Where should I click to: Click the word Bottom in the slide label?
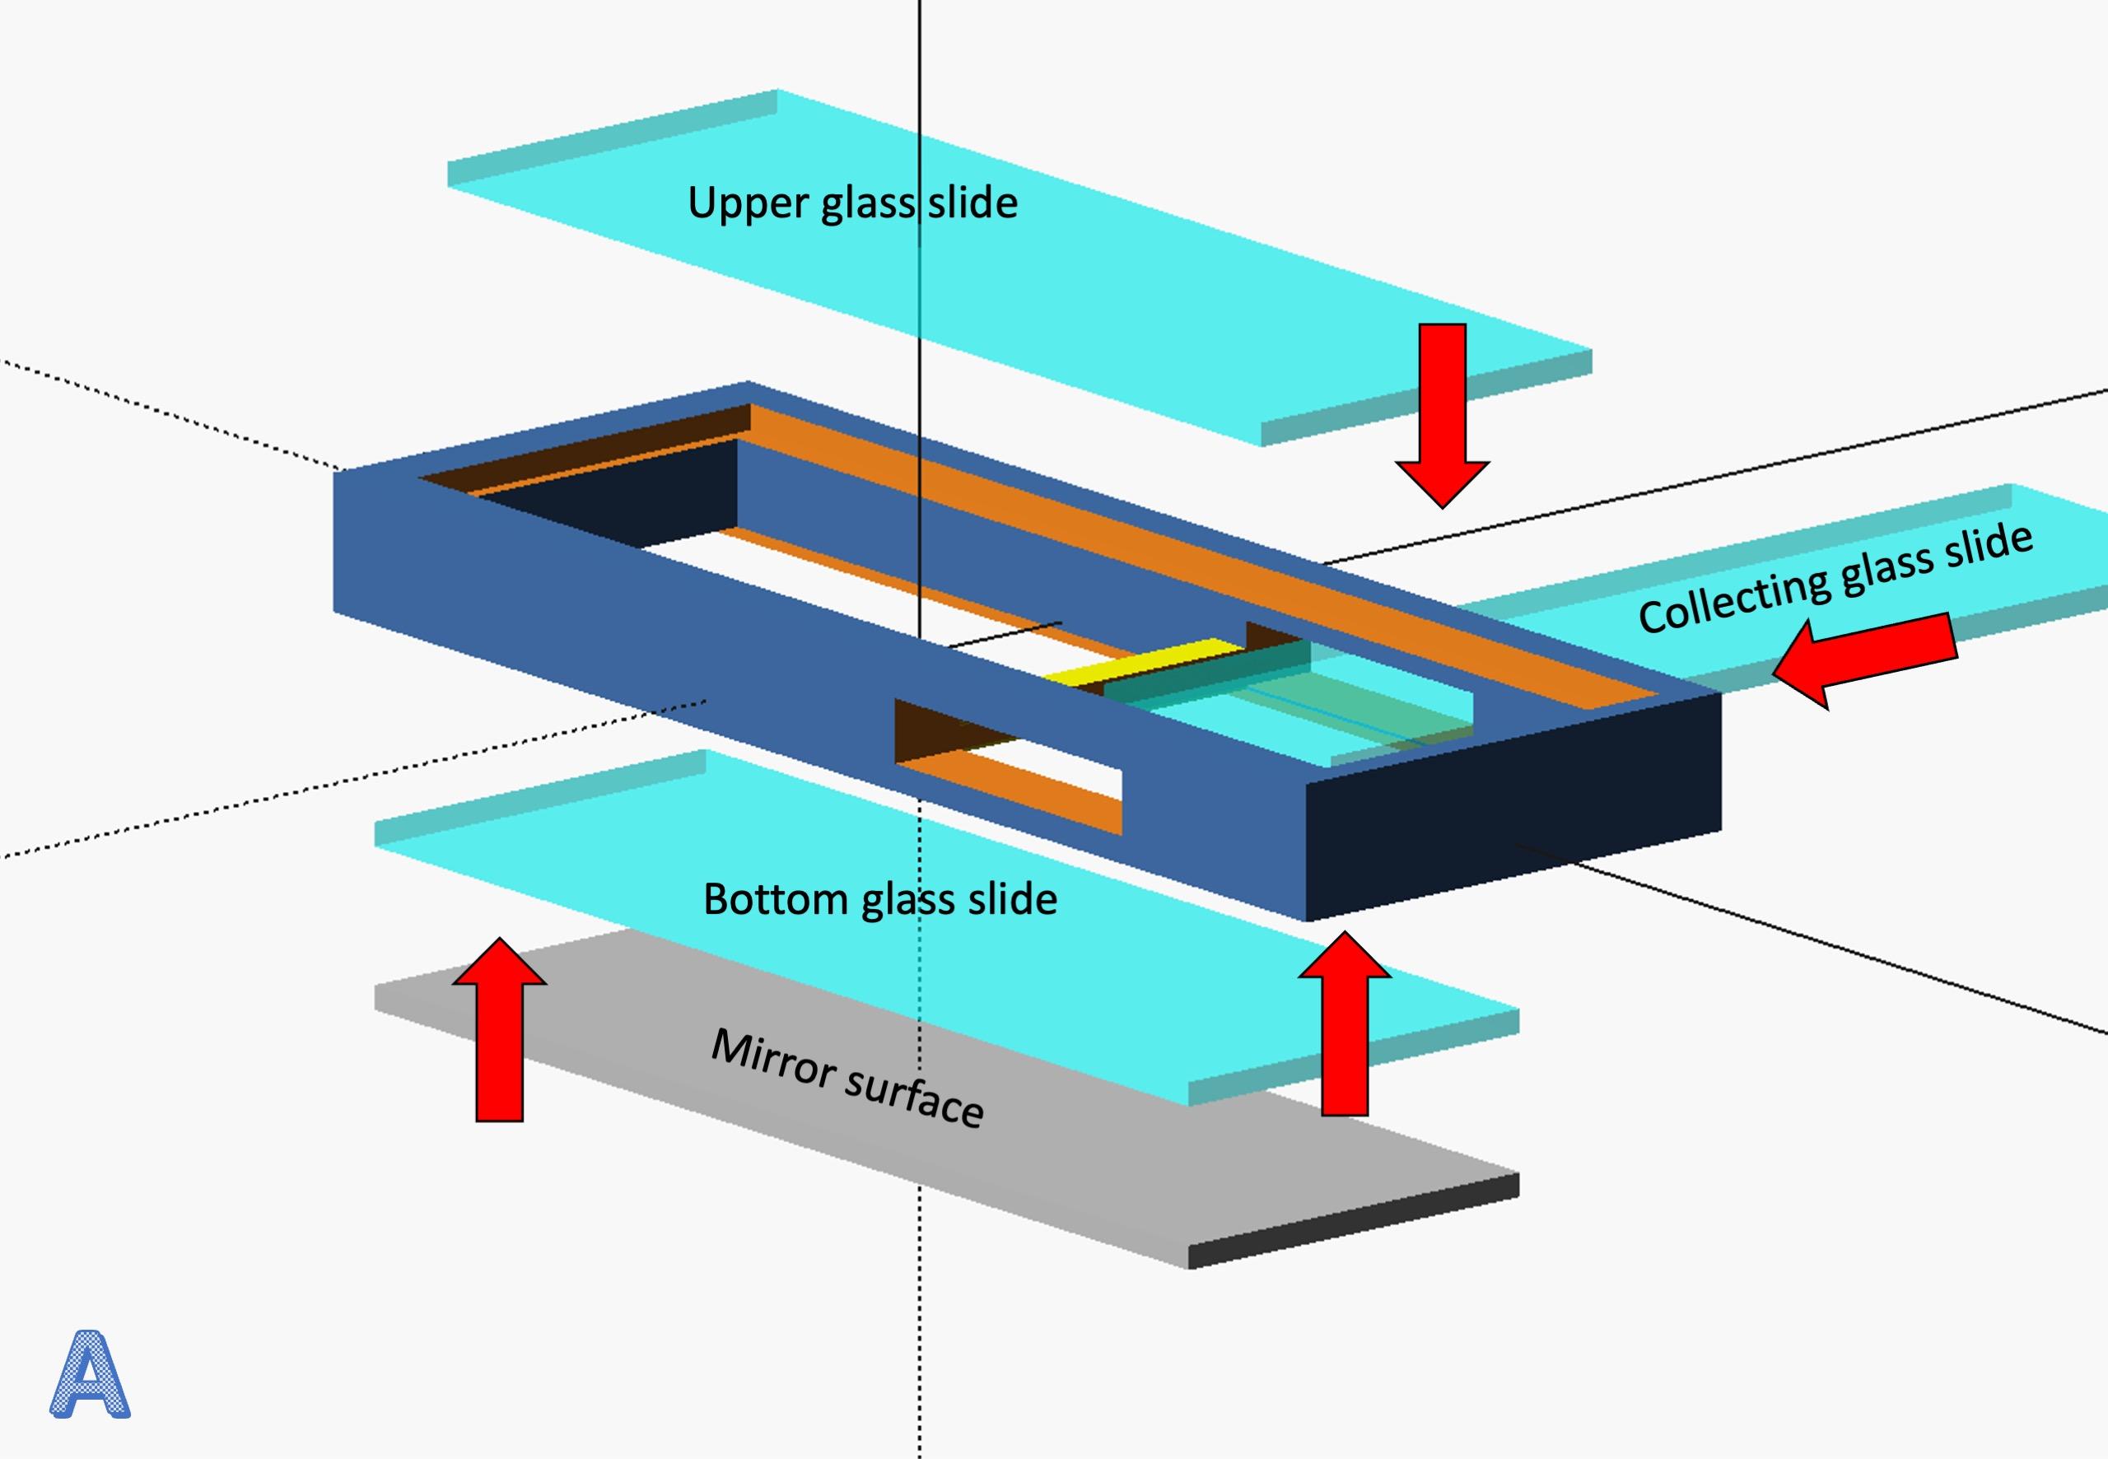tap(775, 900)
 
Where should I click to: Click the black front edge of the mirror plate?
tap(1353, 1221)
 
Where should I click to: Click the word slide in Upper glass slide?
tap(972, 203)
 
